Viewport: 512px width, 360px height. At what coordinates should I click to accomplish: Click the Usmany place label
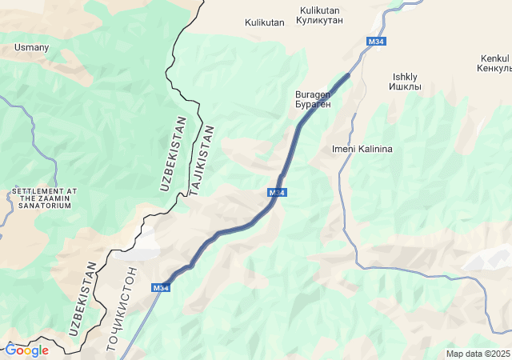[31, 48]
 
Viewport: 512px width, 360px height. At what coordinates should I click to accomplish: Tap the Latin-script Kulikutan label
[264, 22]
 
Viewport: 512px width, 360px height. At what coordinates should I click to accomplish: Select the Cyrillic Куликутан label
[321, 20]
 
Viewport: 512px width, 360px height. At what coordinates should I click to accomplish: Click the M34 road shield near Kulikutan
[376, 41]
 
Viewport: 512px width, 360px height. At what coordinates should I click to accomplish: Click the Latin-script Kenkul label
[494, 58]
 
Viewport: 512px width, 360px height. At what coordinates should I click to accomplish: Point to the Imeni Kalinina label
[362, 149]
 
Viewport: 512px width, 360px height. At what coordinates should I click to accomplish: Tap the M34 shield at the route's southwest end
[161, 288]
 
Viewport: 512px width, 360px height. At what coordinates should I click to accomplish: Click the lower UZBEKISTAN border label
[83, 298]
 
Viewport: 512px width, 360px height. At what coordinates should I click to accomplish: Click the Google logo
[26, 350]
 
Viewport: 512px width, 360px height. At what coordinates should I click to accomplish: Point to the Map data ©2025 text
[478, 354]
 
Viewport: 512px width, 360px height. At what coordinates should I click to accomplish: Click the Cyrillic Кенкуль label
[494, 69]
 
